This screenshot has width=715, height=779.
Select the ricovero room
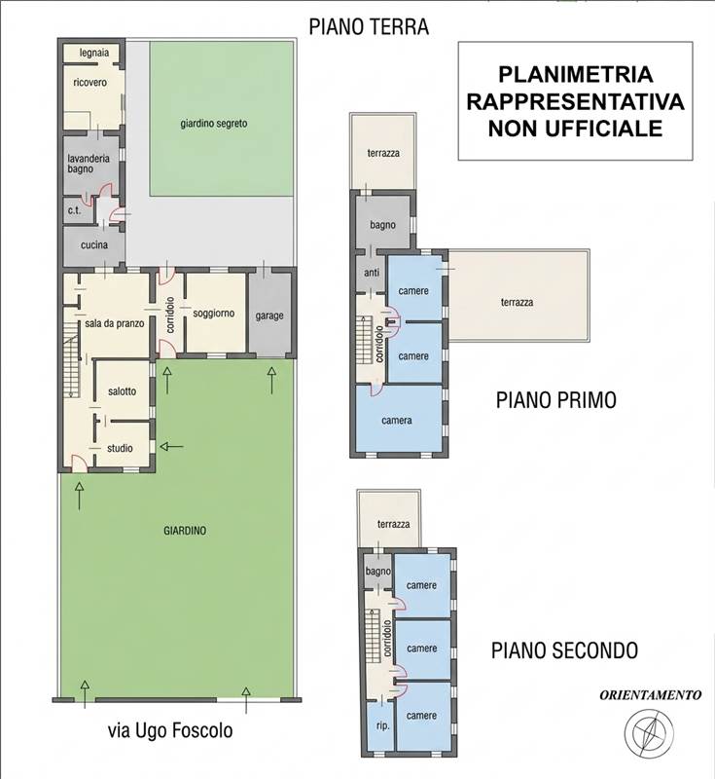coord(89,83)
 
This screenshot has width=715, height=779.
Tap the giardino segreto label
coord(213,124)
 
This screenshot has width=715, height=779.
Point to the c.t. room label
coord(74,210)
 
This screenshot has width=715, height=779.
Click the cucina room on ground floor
coord(93,245)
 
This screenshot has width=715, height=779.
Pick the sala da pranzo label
coord(108,323)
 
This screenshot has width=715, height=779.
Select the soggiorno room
coord(214,315)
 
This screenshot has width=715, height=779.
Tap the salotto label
coord(123,391)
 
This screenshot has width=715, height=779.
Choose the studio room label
coord(121,448)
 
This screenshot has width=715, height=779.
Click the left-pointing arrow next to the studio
coord(171,447)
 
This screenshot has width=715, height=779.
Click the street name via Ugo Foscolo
coord(170,730)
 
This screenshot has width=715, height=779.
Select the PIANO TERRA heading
coord(369,26)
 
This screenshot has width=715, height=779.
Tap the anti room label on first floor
coord(371,274)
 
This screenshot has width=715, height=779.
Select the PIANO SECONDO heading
coord(564,649)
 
